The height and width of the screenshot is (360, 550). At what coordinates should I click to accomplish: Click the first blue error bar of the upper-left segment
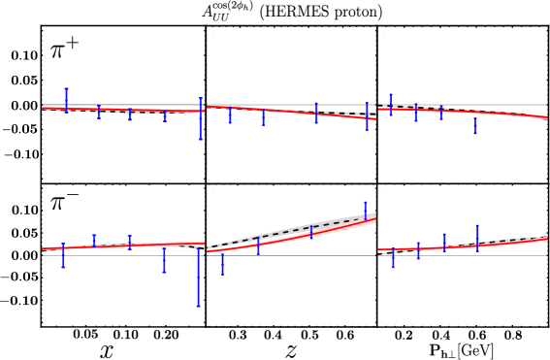(x=66, y=100)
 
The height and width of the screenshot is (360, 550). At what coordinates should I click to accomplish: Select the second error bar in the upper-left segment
(x=98, y=112)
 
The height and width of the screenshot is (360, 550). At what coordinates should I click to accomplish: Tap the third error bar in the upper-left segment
(x=130, y=114)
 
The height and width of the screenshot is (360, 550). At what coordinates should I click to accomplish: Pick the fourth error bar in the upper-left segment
(x=165, y=115)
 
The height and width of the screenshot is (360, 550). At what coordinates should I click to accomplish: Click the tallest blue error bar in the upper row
(x=200, y=118)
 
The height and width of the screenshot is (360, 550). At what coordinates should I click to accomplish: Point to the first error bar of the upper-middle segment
(x=230, y=115)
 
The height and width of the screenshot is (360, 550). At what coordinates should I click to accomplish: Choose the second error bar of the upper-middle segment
(x=263, y=116)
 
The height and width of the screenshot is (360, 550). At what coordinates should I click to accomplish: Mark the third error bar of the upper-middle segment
(x=315, y=113)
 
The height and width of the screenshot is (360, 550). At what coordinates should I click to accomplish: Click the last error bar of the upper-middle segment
(x=367, y=116)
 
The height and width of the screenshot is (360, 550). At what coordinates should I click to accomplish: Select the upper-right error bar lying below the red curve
(x=474, y=125)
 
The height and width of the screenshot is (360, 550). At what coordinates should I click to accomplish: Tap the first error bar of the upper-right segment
(x=391, y=104)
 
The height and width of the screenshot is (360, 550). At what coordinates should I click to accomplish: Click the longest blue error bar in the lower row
(x=199, y=277)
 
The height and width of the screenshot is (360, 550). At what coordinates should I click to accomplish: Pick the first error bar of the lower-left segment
(x=64, y=255)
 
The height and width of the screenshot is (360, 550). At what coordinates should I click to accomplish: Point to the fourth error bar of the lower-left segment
(x=164, y=259)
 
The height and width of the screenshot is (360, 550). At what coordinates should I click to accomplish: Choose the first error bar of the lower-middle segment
(x=222, y=263)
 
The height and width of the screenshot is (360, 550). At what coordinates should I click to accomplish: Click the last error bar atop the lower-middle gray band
(x=366, y=211)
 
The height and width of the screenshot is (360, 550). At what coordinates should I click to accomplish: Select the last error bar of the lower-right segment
(x=476, y=238)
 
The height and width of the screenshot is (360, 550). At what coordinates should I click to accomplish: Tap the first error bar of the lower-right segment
(x=393, y=258)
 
